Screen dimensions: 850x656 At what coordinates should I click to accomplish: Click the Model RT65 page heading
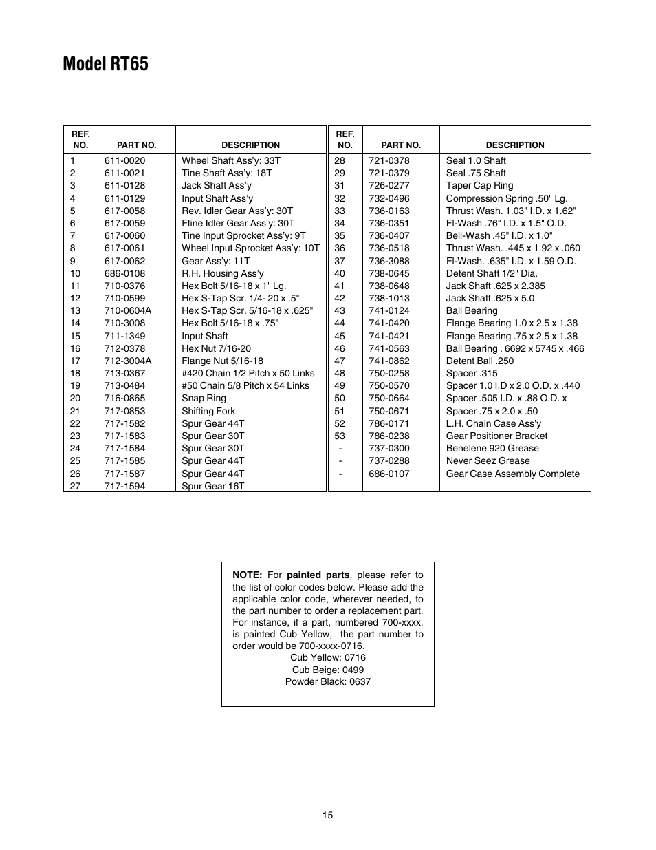[105, 64]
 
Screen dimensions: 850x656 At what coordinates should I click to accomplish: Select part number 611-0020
[124, 160]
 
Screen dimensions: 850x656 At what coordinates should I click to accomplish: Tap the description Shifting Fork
[208, 411]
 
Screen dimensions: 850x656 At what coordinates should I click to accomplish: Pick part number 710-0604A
[128, 310]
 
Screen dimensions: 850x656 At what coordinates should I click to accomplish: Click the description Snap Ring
[204, 398]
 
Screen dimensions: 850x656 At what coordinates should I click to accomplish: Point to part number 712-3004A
[128, 361]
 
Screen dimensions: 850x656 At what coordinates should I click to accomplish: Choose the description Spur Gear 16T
[212, 486]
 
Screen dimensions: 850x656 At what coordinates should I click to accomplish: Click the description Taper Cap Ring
[479, 185]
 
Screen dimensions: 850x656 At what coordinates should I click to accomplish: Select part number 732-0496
[389, 198]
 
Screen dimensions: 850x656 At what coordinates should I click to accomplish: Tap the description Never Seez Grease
[488, 460]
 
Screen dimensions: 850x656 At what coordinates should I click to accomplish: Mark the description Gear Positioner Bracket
[496, 436]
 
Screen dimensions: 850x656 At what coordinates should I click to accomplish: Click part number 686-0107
[389, 474]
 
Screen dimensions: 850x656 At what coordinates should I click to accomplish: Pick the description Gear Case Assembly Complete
[512, 474]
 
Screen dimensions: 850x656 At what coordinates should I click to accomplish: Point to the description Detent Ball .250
[479, 361]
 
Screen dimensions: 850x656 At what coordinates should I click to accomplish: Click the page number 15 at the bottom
[327, 815]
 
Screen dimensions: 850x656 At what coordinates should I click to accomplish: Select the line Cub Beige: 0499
[328, 670]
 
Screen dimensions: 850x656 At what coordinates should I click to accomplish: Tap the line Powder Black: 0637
[328, 681]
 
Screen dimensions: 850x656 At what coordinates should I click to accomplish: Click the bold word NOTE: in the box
[247, 575]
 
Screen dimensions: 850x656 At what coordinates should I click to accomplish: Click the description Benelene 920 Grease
[492, 448]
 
